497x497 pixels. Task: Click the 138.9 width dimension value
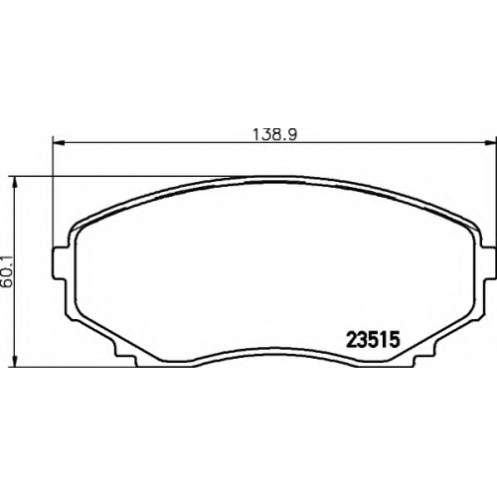pos(275,135)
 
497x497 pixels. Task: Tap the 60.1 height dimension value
pos(8,271)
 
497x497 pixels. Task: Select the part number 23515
pos(373,340)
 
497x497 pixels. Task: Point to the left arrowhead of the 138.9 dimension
pos(59,143)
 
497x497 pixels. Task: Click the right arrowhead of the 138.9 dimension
pos(489,143)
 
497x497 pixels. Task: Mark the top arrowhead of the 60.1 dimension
pos(14,182)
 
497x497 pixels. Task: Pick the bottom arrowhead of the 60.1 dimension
pos(14,361)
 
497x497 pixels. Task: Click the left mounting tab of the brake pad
pos(61,263)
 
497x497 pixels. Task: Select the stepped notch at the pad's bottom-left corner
pos(124,355)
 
